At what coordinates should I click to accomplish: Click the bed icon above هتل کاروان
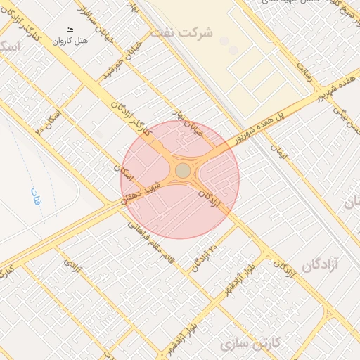pos(70,30)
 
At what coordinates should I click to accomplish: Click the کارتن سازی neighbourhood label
pos(250,344)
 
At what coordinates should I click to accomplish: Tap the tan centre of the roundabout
pos(183,171)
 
